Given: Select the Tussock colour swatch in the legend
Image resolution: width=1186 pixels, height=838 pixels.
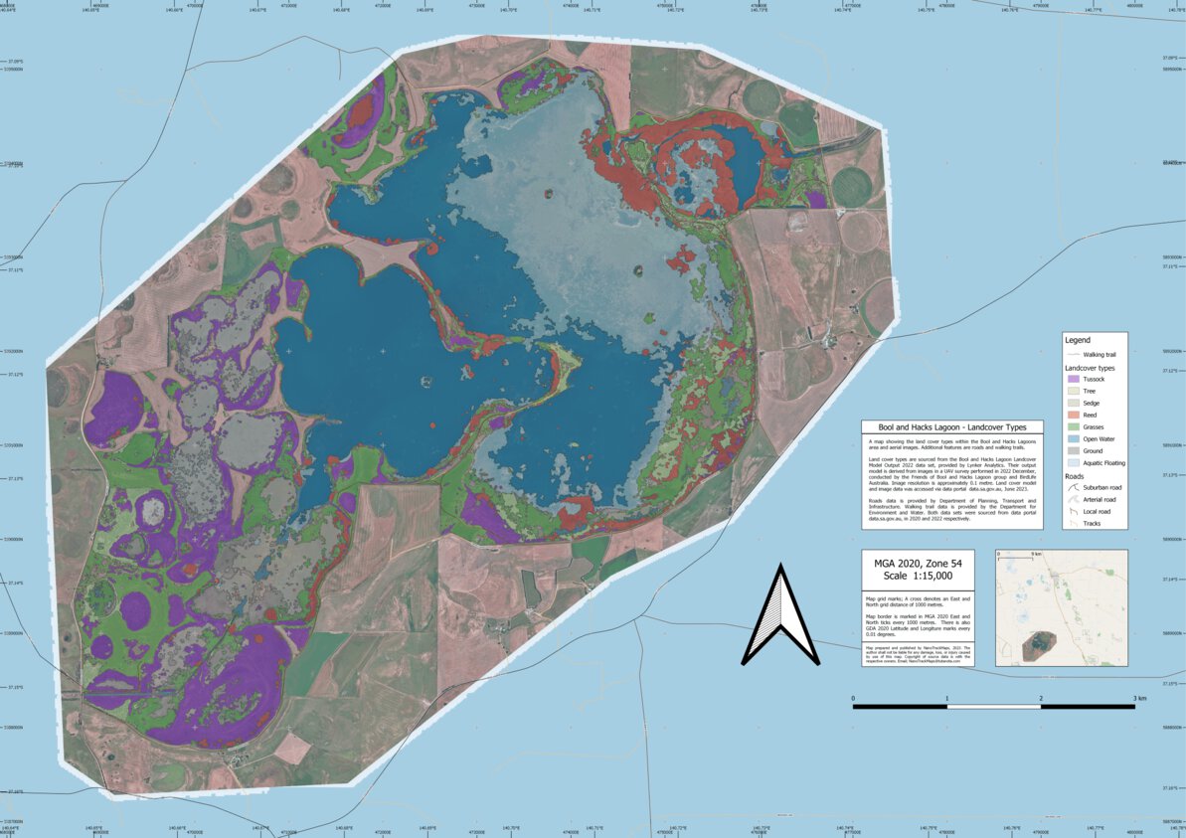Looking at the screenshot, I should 1072,380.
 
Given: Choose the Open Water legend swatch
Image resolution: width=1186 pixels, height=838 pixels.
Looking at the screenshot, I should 1072,436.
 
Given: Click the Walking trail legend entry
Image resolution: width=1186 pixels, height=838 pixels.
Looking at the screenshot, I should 1094,354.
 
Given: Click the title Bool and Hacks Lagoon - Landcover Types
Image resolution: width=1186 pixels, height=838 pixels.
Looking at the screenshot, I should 952,426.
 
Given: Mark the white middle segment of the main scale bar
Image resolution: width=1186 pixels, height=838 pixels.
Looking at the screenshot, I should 993,707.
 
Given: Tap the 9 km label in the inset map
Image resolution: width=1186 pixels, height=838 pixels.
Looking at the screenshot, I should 1036,555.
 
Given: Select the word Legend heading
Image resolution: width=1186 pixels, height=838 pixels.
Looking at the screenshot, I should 1077,340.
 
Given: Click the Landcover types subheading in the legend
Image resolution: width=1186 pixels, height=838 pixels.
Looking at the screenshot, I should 1093,368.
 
